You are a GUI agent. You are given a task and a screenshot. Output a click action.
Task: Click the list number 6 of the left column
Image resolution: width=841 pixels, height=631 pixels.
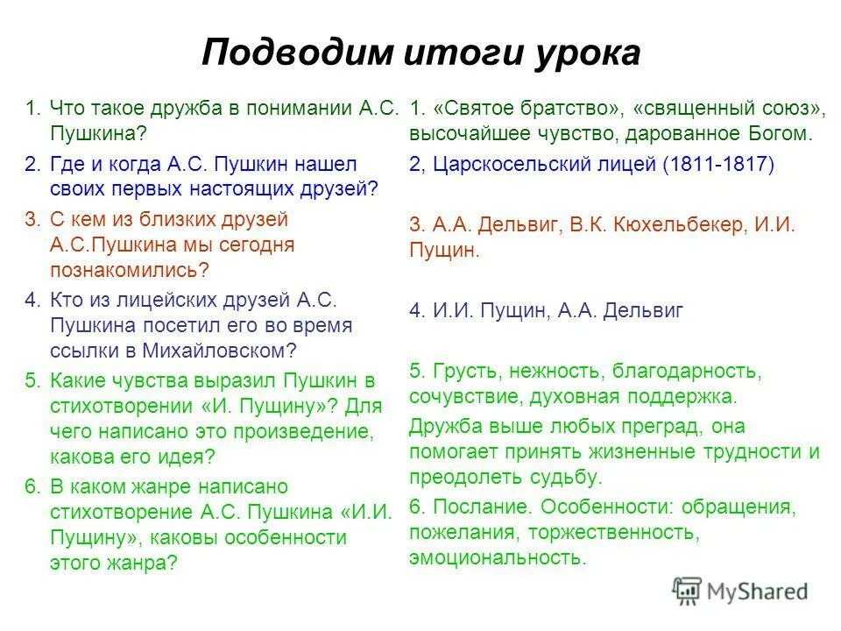click(32, 486)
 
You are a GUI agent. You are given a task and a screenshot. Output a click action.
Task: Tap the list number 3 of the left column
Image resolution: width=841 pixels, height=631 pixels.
click(32, 219)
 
